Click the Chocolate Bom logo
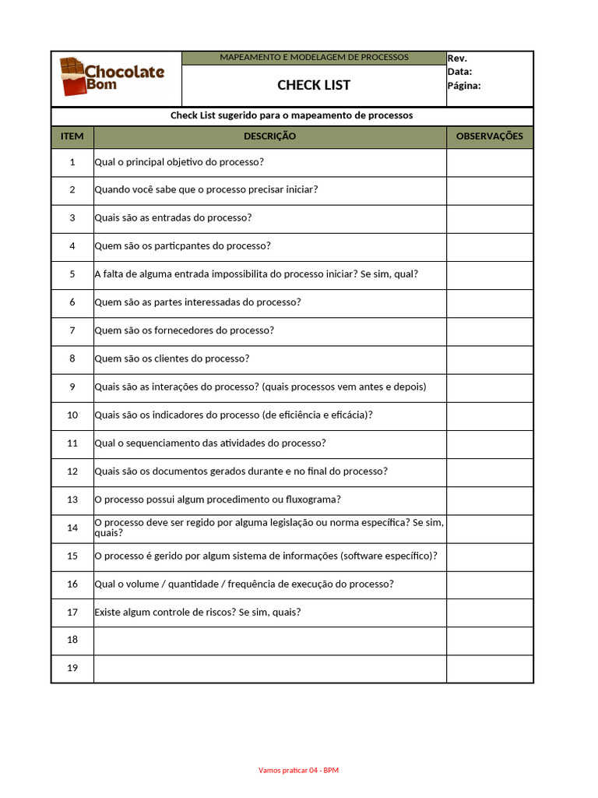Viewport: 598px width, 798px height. click(x=113, y=78)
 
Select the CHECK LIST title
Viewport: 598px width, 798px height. click(x=314, y=85)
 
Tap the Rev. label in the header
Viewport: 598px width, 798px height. click(x=457, y=58)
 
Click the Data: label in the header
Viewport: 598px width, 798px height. click(x=459, y=72)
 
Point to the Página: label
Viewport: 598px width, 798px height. click(x=464, y=86)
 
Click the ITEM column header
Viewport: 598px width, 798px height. click(x=72, y=136)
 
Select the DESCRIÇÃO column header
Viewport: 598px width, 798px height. click(x=269, y=136)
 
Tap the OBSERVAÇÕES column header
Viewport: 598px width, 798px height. click(x=490, y=136)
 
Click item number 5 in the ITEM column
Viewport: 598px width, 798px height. click(x=72, y=274)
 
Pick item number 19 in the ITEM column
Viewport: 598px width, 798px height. click(x=72, y=668)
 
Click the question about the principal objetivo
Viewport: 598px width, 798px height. click(x=179, y=162)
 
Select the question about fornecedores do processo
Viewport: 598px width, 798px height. click(x=184, y=330)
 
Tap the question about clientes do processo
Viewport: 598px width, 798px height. click(x=171, y=358)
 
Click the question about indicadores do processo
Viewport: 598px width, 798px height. click(x=234, y=415)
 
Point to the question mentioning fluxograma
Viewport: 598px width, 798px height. click(x=217, y=500)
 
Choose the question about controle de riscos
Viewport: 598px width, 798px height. click(x=197, y=612)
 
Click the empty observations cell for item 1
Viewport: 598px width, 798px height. click(x=490, y=162)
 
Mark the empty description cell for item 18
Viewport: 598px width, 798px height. click(x=269, y=640)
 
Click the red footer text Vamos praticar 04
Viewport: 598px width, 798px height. click(x=298, y=770)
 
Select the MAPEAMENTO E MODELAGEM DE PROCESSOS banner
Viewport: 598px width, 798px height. click(x=314, y=58)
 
